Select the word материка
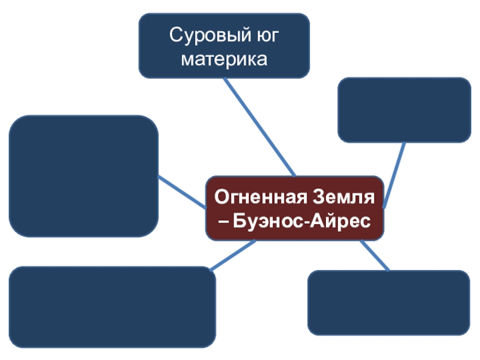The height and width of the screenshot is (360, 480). click(224, 59)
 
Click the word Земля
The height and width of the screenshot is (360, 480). click(347, 196)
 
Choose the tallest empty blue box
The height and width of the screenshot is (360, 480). click(83, 176)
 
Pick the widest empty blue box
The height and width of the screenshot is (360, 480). click(112, 307)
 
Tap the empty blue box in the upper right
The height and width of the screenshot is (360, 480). click(404, 110)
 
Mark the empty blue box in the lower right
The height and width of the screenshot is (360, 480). click(388, 302)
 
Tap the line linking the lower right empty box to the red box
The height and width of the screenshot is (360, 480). click(374, 256)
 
